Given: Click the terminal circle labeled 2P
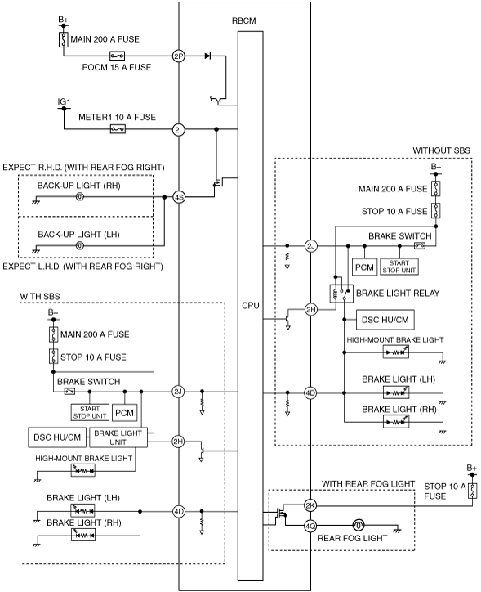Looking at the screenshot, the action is [178, 56].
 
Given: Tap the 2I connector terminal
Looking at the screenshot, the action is [178, 129].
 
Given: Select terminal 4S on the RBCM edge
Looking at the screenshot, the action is [179, 197].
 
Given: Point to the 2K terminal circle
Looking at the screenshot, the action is [310, 505].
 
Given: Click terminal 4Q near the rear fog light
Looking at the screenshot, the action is [310, 525].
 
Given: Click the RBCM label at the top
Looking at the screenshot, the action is [244, 20].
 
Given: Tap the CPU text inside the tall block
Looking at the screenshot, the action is [251, 305].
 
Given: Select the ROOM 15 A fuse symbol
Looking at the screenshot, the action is [118, 56].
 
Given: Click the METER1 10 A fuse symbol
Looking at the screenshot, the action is [118, 129].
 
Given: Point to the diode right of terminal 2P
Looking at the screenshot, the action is [207, 56].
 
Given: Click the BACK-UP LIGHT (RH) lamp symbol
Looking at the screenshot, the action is [80, 196].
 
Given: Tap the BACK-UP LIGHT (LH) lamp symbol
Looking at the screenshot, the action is [80, 246].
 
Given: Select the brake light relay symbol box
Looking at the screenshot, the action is [341, 294].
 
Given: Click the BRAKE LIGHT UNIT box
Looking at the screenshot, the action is [118, 437].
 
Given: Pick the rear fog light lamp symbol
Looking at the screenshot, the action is [359, 525].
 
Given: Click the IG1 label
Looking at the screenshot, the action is [64, 102].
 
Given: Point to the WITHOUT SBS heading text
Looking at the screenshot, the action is [442, 150].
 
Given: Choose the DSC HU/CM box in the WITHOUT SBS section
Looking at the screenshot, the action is [385, 320].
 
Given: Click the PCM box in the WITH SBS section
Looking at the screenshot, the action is [124, 413].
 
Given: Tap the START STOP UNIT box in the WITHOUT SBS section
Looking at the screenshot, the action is [399, 267].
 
